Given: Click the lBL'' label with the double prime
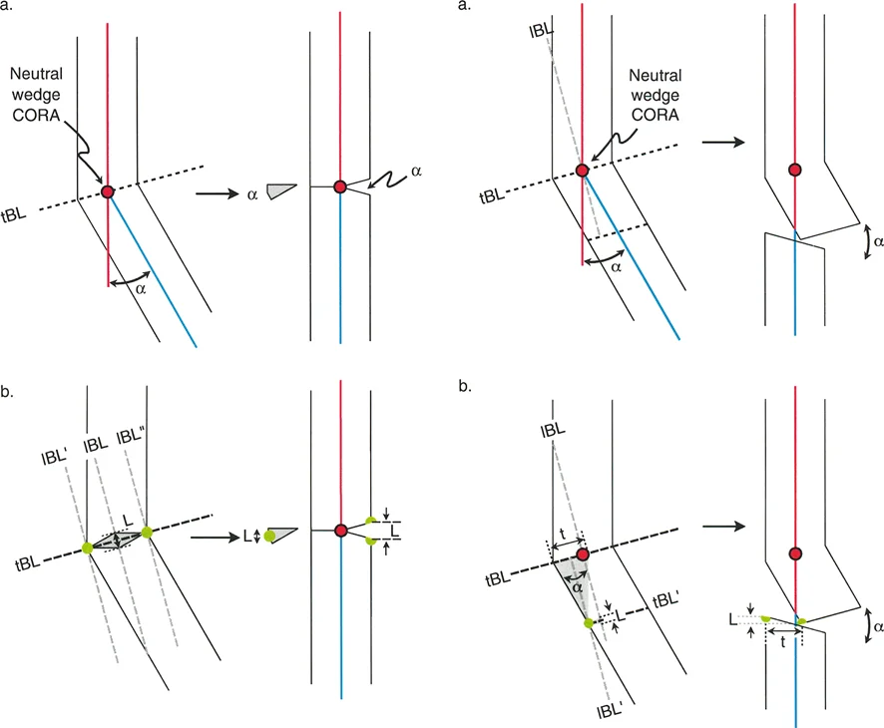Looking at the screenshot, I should (x=131, y=437).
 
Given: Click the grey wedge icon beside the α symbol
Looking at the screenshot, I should (x=283, y=189).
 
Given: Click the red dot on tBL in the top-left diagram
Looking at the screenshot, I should (x=108, y=190).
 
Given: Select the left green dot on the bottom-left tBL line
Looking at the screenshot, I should (x=88, y=546).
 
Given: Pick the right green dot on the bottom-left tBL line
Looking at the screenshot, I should (x=147, y=533).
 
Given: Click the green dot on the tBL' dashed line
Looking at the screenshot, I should (x=589, y=622).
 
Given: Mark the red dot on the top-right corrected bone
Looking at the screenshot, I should (x=795, y=170).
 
